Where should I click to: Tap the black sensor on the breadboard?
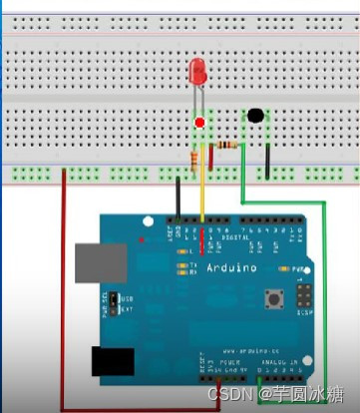(x=256, y=116)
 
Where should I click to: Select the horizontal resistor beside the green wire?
(x=228, y=146)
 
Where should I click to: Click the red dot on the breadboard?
(x=200, y=123)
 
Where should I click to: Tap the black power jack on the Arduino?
(x=113, y=361)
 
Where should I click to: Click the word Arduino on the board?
(x=231, y=267)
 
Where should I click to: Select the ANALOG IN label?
(x=276, y=365)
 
